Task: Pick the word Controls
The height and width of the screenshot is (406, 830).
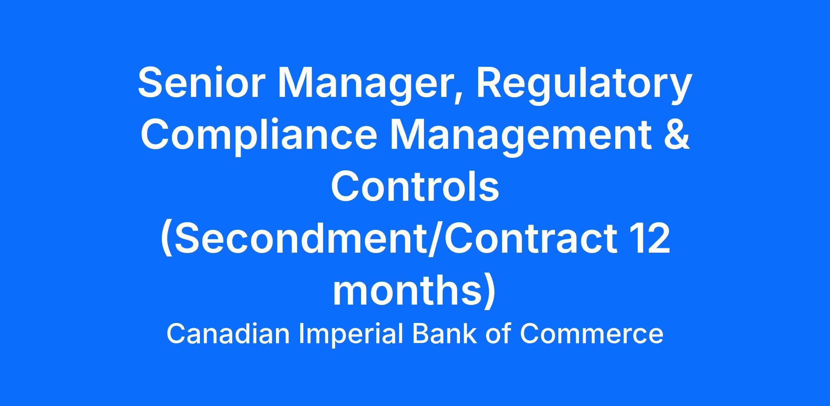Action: coord(415,187)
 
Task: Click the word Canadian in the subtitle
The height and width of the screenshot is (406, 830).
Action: coord(228,334)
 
